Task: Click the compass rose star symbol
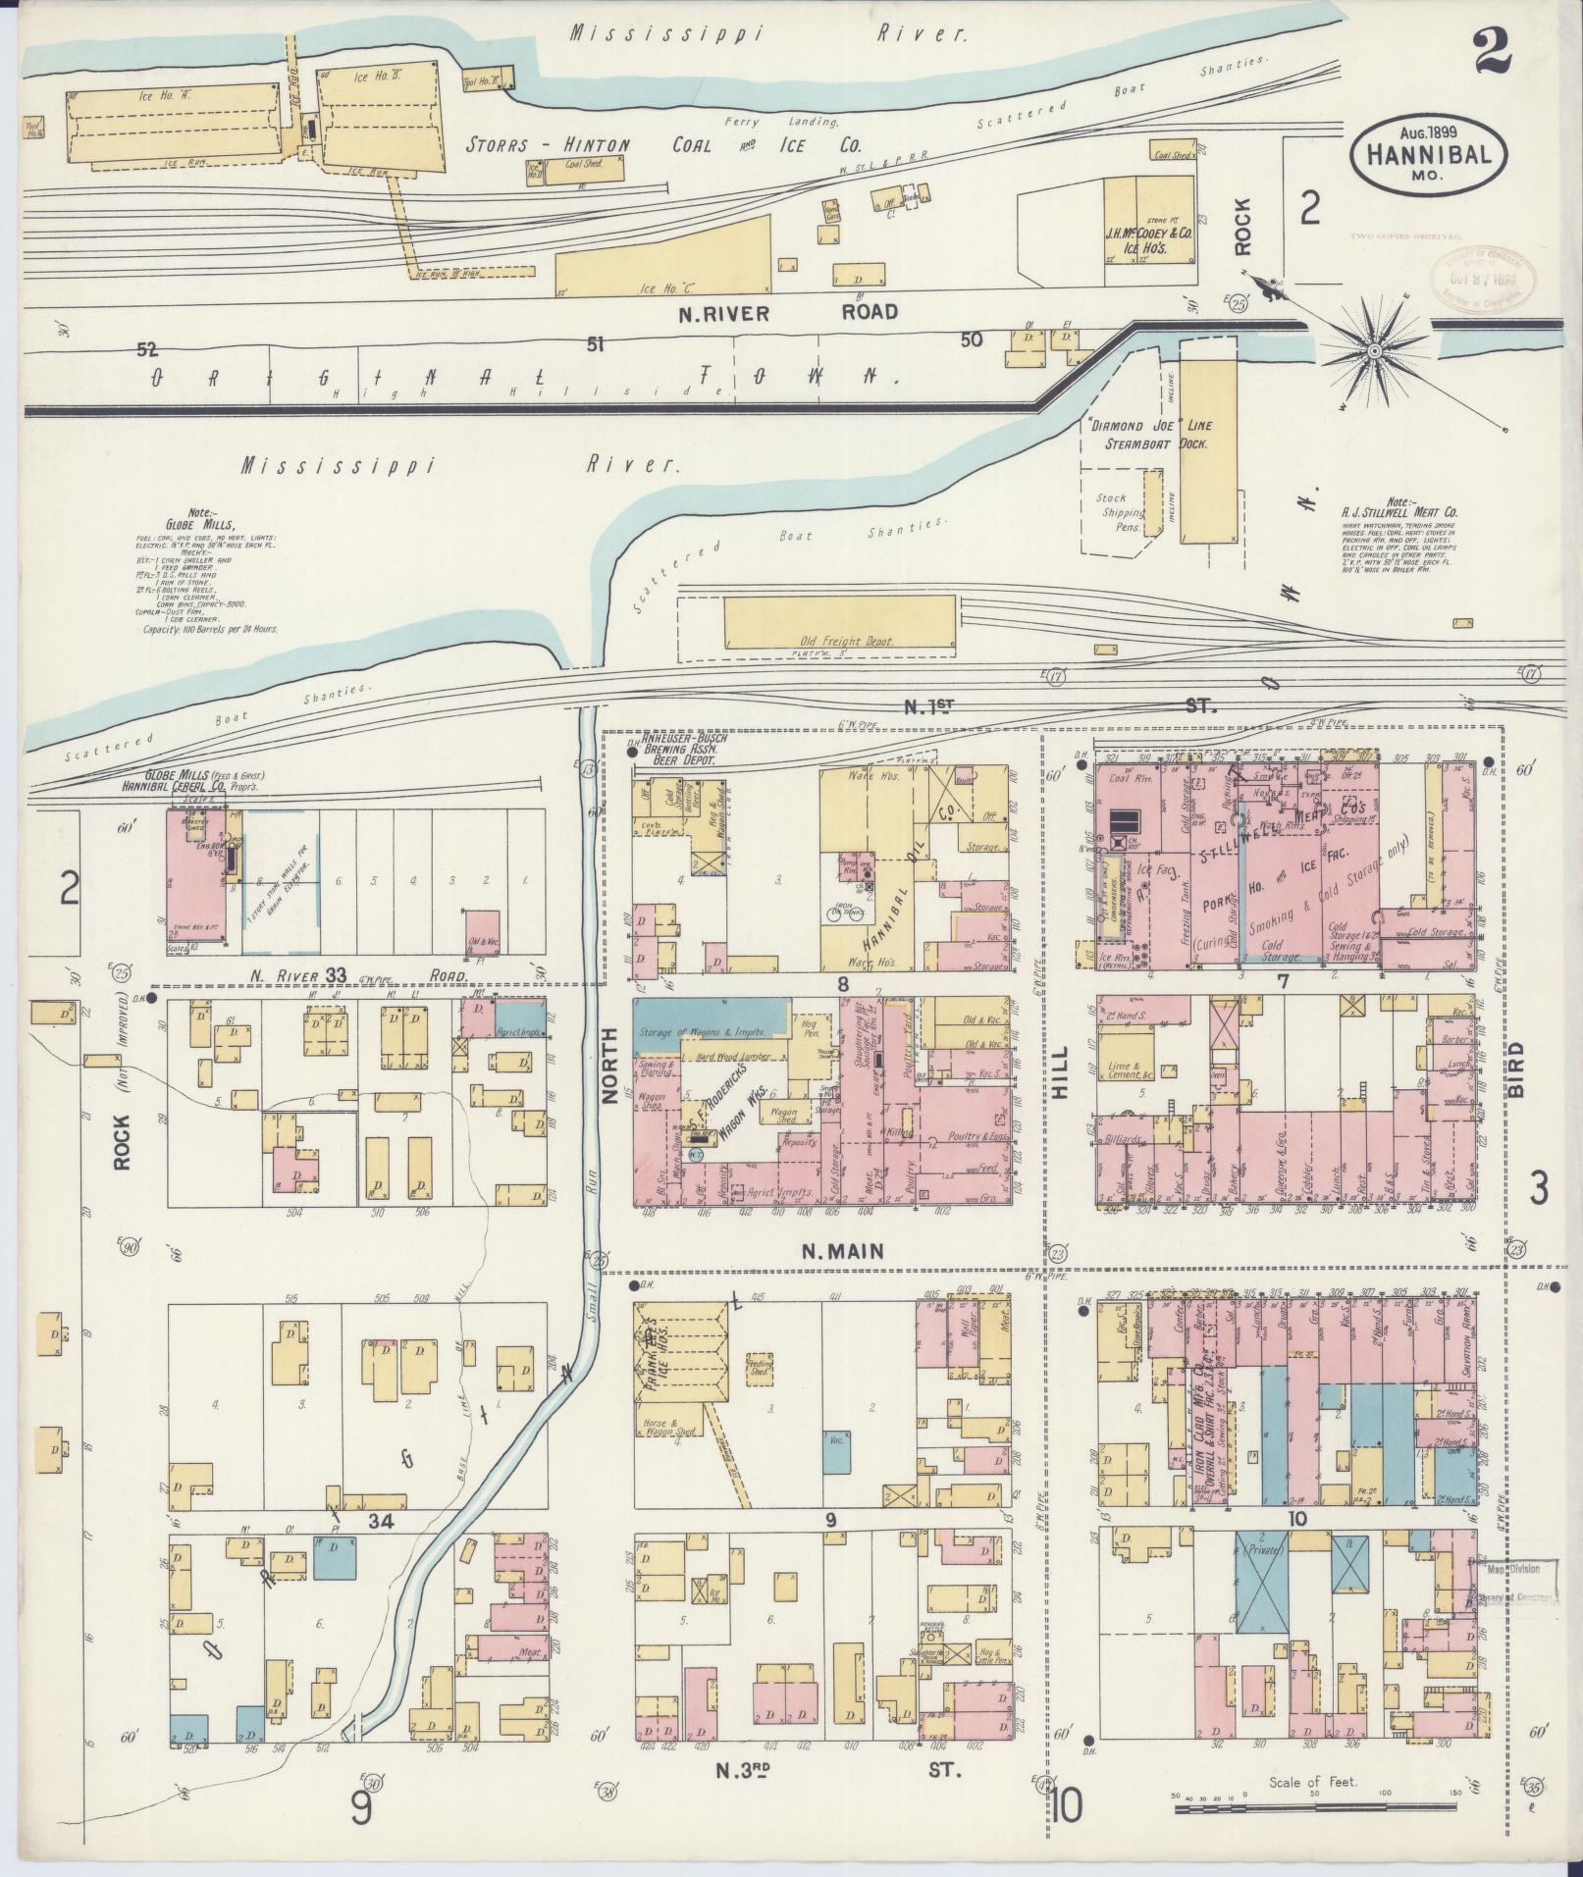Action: click(x=1375, y=350)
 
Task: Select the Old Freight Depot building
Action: click(x=838, y=621)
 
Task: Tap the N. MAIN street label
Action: click(x=842, y=1251)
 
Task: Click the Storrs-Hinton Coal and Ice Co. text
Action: click(x=663, y=145)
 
